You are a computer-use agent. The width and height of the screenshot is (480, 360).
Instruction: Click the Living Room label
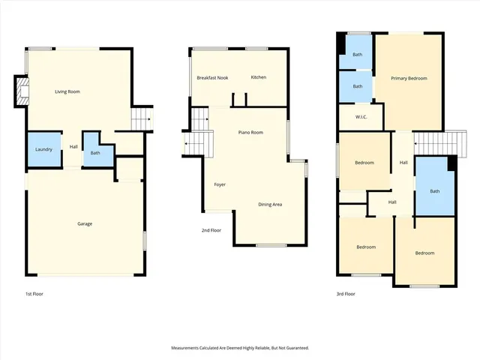point(67,91)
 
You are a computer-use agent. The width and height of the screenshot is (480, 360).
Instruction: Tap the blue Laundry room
point(43,149)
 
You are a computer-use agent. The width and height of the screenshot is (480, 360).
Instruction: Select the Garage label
point(85,223)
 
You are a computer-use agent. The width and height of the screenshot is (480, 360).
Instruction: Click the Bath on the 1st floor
point(95,153)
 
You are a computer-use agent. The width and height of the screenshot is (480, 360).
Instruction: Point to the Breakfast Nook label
point(212,77)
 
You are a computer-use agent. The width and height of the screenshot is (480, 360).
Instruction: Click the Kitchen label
point(259,77)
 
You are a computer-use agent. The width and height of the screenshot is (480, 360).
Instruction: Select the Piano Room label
point(250,132)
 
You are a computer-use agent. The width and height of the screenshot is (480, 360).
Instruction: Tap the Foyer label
point(220,184)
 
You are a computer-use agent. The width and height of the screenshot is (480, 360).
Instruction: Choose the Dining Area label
point(270,204)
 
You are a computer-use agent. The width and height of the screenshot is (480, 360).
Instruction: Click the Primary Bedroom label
point(409,78)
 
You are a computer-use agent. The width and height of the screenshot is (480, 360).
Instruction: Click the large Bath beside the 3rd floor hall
point(435,190)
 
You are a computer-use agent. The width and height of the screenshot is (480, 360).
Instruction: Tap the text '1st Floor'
point(34,294)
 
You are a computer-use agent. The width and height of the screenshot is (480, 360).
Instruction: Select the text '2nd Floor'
point(211,230)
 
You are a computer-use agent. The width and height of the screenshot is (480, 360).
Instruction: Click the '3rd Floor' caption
point(346,294)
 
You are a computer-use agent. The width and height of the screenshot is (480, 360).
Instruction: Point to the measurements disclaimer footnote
point(240,348)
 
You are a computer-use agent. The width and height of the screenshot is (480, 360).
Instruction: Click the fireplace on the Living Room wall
point(21,93)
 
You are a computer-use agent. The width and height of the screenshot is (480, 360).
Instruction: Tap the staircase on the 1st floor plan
point(142,118)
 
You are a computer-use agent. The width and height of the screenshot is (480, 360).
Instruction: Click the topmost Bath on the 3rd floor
point(358,54)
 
